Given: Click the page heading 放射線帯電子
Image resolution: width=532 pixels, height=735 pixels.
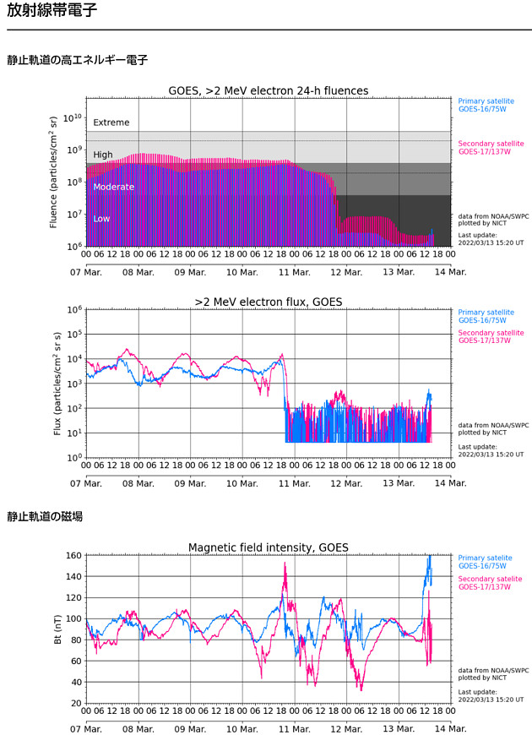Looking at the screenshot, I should (x=52, y=12).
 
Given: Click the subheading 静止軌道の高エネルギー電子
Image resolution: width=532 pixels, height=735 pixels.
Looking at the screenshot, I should (x=78, y=60).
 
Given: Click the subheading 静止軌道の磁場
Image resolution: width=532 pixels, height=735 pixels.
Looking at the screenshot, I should (x=45, y=516).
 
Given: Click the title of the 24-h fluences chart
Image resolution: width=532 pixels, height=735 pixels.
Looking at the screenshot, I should (x=269, y=91).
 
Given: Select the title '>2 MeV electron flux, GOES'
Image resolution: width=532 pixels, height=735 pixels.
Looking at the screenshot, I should (x=269, y=302).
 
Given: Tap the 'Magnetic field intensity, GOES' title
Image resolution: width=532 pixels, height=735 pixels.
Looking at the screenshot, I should (x=269, y=547).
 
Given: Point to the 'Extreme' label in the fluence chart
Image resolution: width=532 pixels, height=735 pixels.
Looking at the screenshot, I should (x=111, y=122).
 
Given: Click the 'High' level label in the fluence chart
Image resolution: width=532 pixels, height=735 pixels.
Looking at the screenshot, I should (x=103, y=155).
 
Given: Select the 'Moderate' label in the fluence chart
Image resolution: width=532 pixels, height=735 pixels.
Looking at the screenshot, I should (x=113, y=187).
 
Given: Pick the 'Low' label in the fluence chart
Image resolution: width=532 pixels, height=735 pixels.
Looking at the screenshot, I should (x=101, y=219).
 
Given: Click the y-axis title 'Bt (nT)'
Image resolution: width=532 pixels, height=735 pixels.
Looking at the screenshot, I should (x=57, y=629).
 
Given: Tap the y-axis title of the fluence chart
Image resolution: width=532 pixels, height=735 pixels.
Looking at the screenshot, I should (x=54, y=172).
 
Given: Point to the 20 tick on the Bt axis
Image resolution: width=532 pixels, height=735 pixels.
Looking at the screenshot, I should (x=75, y=703).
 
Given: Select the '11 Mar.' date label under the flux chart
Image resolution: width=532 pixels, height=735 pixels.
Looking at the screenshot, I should (x=295, y=483).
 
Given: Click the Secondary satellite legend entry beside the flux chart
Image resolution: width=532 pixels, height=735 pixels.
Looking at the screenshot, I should (x=491, y=336).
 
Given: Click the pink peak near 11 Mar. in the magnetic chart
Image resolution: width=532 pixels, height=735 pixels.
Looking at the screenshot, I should (x=285, y=564).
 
